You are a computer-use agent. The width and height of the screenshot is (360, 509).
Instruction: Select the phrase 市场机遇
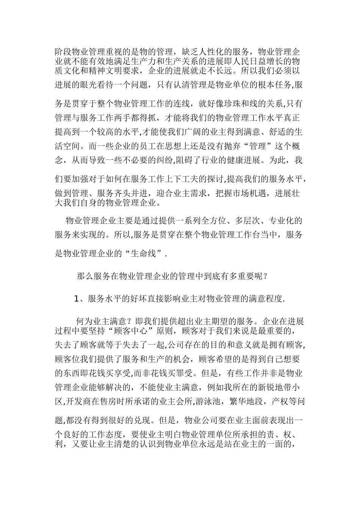[x=245, y=194]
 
